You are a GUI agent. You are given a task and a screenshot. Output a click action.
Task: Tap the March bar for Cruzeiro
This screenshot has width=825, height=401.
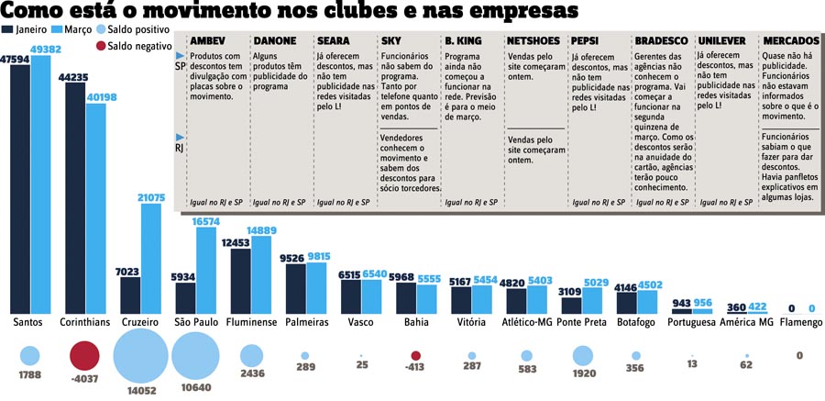tap(152, 258)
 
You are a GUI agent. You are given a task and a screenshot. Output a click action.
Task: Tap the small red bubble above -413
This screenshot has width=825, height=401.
tap(416, 355)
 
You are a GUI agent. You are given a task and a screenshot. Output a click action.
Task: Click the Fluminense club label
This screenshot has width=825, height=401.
tap(252, 323)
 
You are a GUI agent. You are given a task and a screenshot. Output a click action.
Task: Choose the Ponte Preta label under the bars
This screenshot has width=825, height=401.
tap(581, 323)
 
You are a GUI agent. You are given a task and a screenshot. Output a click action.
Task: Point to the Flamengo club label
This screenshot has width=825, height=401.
tap(799, 323)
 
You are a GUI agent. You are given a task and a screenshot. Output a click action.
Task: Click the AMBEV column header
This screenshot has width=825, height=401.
tap(207, 41)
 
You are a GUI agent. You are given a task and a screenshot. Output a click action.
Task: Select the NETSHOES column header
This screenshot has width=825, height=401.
tap(533, 41)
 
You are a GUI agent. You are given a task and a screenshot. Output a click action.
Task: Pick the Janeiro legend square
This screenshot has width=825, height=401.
tap(8, 29)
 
